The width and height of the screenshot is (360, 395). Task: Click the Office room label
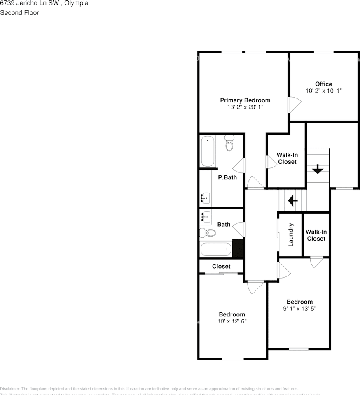pyautogui.click(x=323, y=84)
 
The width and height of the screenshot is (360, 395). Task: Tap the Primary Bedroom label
pyautogui.click(x=245, y=100)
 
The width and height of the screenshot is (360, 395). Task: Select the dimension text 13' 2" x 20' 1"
pyautogui.click(x=245, y=107)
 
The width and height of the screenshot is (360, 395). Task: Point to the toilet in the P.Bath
pyautogui.click(x=229, y=144)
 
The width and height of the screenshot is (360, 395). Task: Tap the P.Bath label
pyautogui.click(x=227, y=177)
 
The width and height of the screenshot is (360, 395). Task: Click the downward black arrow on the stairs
pyautogui.click(x=318, y=169)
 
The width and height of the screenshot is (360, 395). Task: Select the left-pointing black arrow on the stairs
pyautogui.click(x=293, y=200)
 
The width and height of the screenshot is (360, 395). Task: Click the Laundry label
pyautogui.click(x=291, y=235)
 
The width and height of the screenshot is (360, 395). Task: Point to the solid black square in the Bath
pyautogui.click(x=238, y=248)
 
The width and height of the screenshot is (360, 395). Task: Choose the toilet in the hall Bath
pyautogui.click(x=208, y=233)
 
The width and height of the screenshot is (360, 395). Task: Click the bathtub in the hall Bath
pyautogui.click(x=216, y=249)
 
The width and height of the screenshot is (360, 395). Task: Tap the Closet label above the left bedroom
pyautogui.click(x=221, y=266)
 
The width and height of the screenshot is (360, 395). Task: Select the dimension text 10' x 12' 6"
pyautogui.click(x=232, y=321)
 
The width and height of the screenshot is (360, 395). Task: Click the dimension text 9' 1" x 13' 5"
pyautogui.click(x=299, y=308)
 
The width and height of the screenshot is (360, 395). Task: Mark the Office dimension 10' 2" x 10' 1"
pyautogui.click(x=323, y=91)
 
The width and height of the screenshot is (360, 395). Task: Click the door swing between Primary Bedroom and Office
pyautogui.click(x=293, y=104)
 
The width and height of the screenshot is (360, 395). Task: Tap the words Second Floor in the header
pyautogui.click(x=19, y=13)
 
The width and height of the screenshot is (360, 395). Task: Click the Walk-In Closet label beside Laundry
pyautogui.click(x=316, y=235)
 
